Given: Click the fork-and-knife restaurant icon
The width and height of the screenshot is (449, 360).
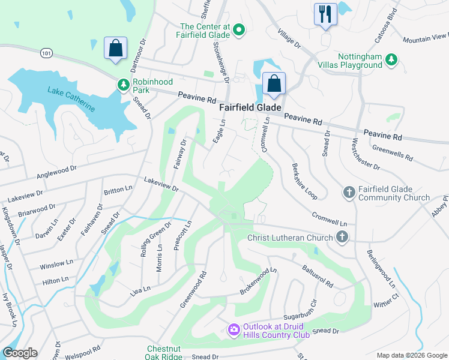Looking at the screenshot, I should pyautogui.click(x=325, y=14).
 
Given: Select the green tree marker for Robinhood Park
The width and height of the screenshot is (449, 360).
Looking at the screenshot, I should pyautogui.click(x=124, y=85).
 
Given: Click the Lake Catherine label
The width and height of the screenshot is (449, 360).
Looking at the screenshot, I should pyautogui.click(x=71, y=99).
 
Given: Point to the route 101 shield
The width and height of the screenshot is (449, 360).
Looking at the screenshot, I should pyautogui.click(x=46, y=54).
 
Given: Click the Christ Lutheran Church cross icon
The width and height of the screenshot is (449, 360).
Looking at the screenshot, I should pyautogui.click(x=342, y=238).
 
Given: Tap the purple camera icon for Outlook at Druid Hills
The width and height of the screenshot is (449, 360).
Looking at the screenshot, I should pyautogui.click(x=233, y=329).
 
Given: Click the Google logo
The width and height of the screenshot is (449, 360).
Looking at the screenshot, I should pyautogui.click(x=20, y=353).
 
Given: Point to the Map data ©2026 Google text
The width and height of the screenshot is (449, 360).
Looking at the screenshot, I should pyautogui.click(x=411, y=355).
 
